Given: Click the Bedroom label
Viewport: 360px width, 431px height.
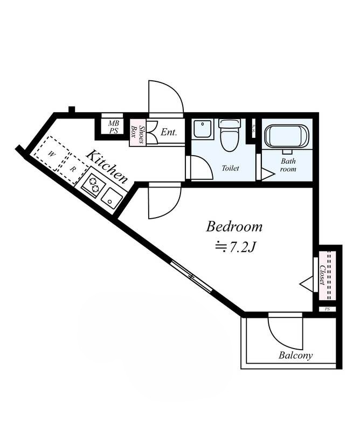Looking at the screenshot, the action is pyautogui.click(x=234, y=227).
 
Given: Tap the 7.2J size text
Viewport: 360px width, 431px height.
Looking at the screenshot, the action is pyautogui.click(x=236, y=247).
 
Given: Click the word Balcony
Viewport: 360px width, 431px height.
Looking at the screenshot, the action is pyautogui.click(x=295, y=356).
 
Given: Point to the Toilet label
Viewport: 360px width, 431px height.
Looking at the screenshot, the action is pyautogui.click(x=231, y=168).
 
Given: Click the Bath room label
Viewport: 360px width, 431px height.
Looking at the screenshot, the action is pyautogui.click(x=288, y=165).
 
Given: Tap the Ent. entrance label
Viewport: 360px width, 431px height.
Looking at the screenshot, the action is pyautogui.click(x=169, y=132).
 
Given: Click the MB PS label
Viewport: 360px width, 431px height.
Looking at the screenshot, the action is pyautogui.click(x=113, y=127).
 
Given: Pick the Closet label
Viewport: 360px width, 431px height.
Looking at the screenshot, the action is pyautogui.click(x=323, y=275).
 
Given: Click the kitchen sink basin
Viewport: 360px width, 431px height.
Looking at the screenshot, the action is pyautogui.click(x=112, y=198).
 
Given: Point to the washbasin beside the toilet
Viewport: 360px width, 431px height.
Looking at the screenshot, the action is pyautogui.click(x=203, y=129).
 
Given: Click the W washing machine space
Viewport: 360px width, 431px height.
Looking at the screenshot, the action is pyautogui.click(x=51, y=154).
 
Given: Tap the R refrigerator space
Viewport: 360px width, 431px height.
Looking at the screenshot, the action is pyautogui.click(x=73, y=169).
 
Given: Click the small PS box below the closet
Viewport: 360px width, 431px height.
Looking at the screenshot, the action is pyautogui.click(x=327, y=309).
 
